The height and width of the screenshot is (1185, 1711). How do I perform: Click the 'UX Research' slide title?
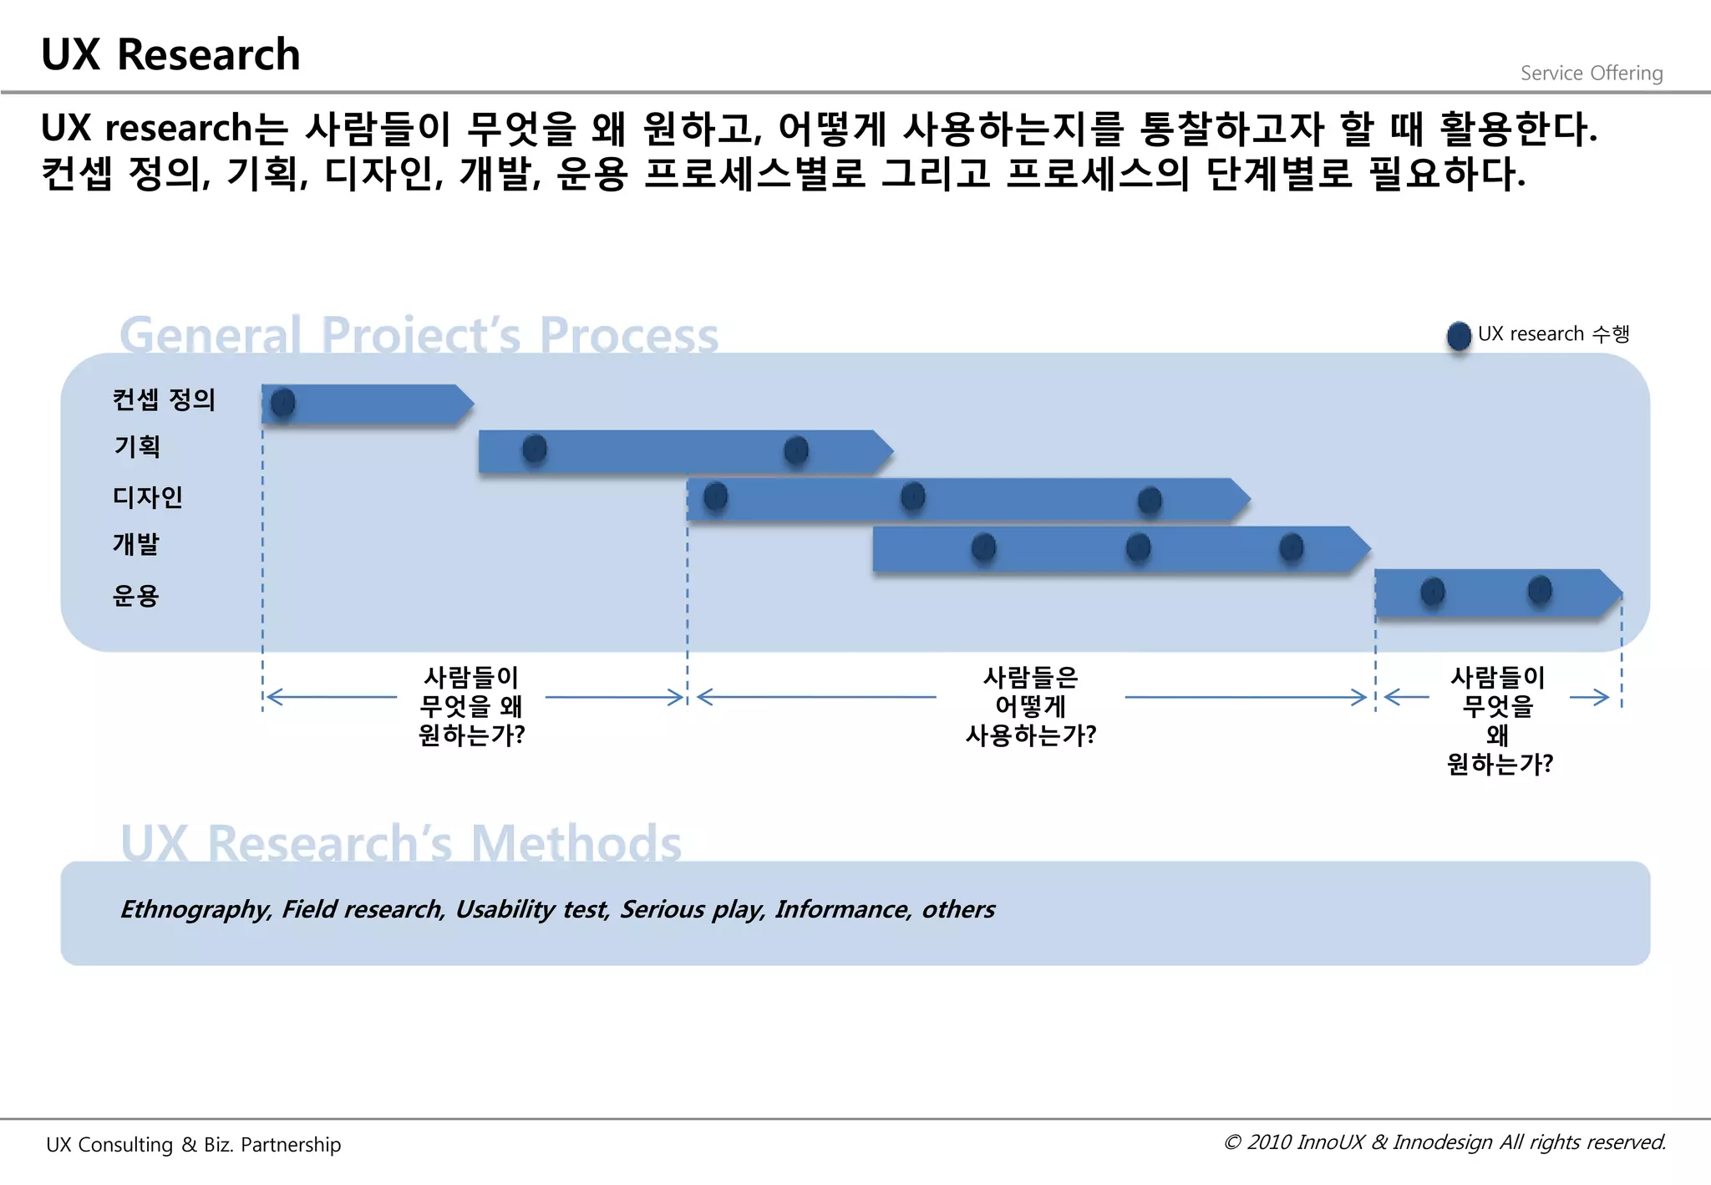pos(170,55)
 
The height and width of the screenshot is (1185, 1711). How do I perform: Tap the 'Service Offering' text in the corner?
pos(1591,74)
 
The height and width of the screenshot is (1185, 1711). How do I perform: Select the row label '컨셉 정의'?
pos(164,399)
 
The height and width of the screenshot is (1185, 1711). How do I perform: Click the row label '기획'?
pos(137,446)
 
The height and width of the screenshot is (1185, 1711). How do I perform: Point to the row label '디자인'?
pos(148,497)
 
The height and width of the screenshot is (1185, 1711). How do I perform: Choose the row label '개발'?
pos(136,544)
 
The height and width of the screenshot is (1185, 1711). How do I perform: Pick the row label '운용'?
pos(135,595)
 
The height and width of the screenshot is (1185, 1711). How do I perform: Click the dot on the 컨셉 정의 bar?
pos(283,403)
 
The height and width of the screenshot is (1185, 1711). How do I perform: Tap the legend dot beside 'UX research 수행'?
pos(1459,335)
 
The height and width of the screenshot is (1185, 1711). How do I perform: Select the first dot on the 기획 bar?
pos(535,449)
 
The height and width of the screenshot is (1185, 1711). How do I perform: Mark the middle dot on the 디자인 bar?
pos(913,496)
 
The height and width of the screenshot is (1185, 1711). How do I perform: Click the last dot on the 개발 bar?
pos(1292,547)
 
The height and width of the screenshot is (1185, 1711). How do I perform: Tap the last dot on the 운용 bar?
pos(1540,590)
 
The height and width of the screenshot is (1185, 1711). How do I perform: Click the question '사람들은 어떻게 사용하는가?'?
pos(1030,706)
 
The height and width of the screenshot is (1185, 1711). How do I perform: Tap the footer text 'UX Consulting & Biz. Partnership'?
pos(194,1144)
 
